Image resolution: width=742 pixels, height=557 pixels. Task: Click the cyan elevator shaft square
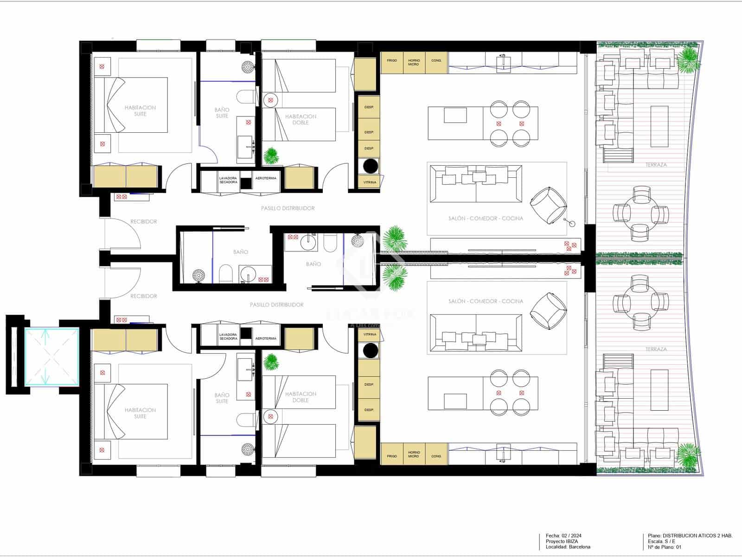52,356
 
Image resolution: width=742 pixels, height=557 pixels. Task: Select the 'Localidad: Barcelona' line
568,547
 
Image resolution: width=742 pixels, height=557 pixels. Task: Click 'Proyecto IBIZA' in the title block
562,541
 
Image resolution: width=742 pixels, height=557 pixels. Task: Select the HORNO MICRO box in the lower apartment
414,454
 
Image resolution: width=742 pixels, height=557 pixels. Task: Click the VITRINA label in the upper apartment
370,182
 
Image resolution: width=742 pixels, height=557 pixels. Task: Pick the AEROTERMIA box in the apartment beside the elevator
266,338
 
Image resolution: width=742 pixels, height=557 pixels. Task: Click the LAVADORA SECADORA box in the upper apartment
228,180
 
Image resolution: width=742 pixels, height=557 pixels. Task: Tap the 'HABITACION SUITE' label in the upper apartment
140,110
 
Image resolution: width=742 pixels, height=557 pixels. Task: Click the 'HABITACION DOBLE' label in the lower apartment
301,397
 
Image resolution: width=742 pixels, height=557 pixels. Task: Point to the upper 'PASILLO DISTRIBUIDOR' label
288,208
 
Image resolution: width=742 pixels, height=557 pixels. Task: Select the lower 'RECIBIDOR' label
143,296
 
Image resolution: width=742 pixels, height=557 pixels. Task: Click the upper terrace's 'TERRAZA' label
656,165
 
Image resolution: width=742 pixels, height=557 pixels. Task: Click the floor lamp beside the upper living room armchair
572,224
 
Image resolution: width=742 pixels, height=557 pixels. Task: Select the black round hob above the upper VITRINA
370,166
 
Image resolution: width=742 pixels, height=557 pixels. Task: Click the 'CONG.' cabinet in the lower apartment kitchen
436,456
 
